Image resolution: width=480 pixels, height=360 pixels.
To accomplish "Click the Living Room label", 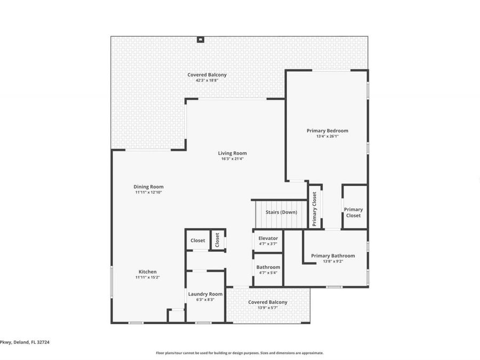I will [x=232, y=153].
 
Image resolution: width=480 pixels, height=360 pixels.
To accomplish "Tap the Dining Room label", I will [x=148, y=187].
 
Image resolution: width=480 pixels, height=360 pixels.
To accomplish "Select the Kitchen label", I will [x=148, y=271].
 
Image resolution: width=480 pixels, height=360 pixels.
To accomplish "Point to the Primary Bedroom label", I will [x=327, y=131].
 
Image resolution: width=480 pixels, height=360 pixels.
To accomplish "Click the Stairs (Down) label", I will [x=281, y=212].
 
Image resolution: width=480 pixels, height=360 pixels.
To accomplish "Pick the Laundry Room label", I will [x=205, y=294].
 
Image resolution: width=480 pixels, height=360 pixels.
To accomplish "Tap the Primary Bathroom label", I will [x=333, y=255].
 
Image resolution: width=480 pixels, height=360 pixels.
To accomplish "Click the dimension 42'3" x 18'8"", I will [x=206, y=81].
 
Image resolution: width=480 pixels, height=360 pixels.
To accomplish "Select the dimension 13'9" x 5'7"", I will [x=268, y=308].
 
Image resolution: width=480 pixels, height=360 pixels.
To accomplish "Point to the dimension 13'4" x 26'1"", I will [x=327, y=136].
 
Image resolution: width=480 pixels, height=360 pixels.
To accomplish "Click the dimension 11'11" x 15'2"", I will [x=148, y=277].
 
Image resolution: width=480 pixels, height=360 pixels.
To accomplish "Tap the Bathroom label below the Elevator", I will [x=268, y=267].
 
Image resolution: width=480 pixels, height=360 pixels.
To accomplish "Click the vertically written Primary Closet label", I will [x=315, y=209].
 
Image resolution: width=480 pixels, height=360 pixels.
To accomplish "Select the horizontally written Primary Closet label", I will [x=353, y=212].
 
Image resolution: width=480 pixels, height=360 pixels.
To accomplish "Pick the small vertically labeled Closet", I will [x=217, y=240].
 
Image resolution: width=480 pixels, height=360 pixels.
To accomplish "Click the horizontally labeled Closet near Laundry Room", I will [x=198, y=241].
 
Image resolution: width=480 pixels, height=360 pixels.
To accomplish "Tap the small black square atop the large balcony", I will [x=200, y=38].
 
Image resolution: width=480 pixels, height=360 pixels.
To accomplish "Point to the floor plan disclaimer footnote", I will [x=239, y=353].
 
